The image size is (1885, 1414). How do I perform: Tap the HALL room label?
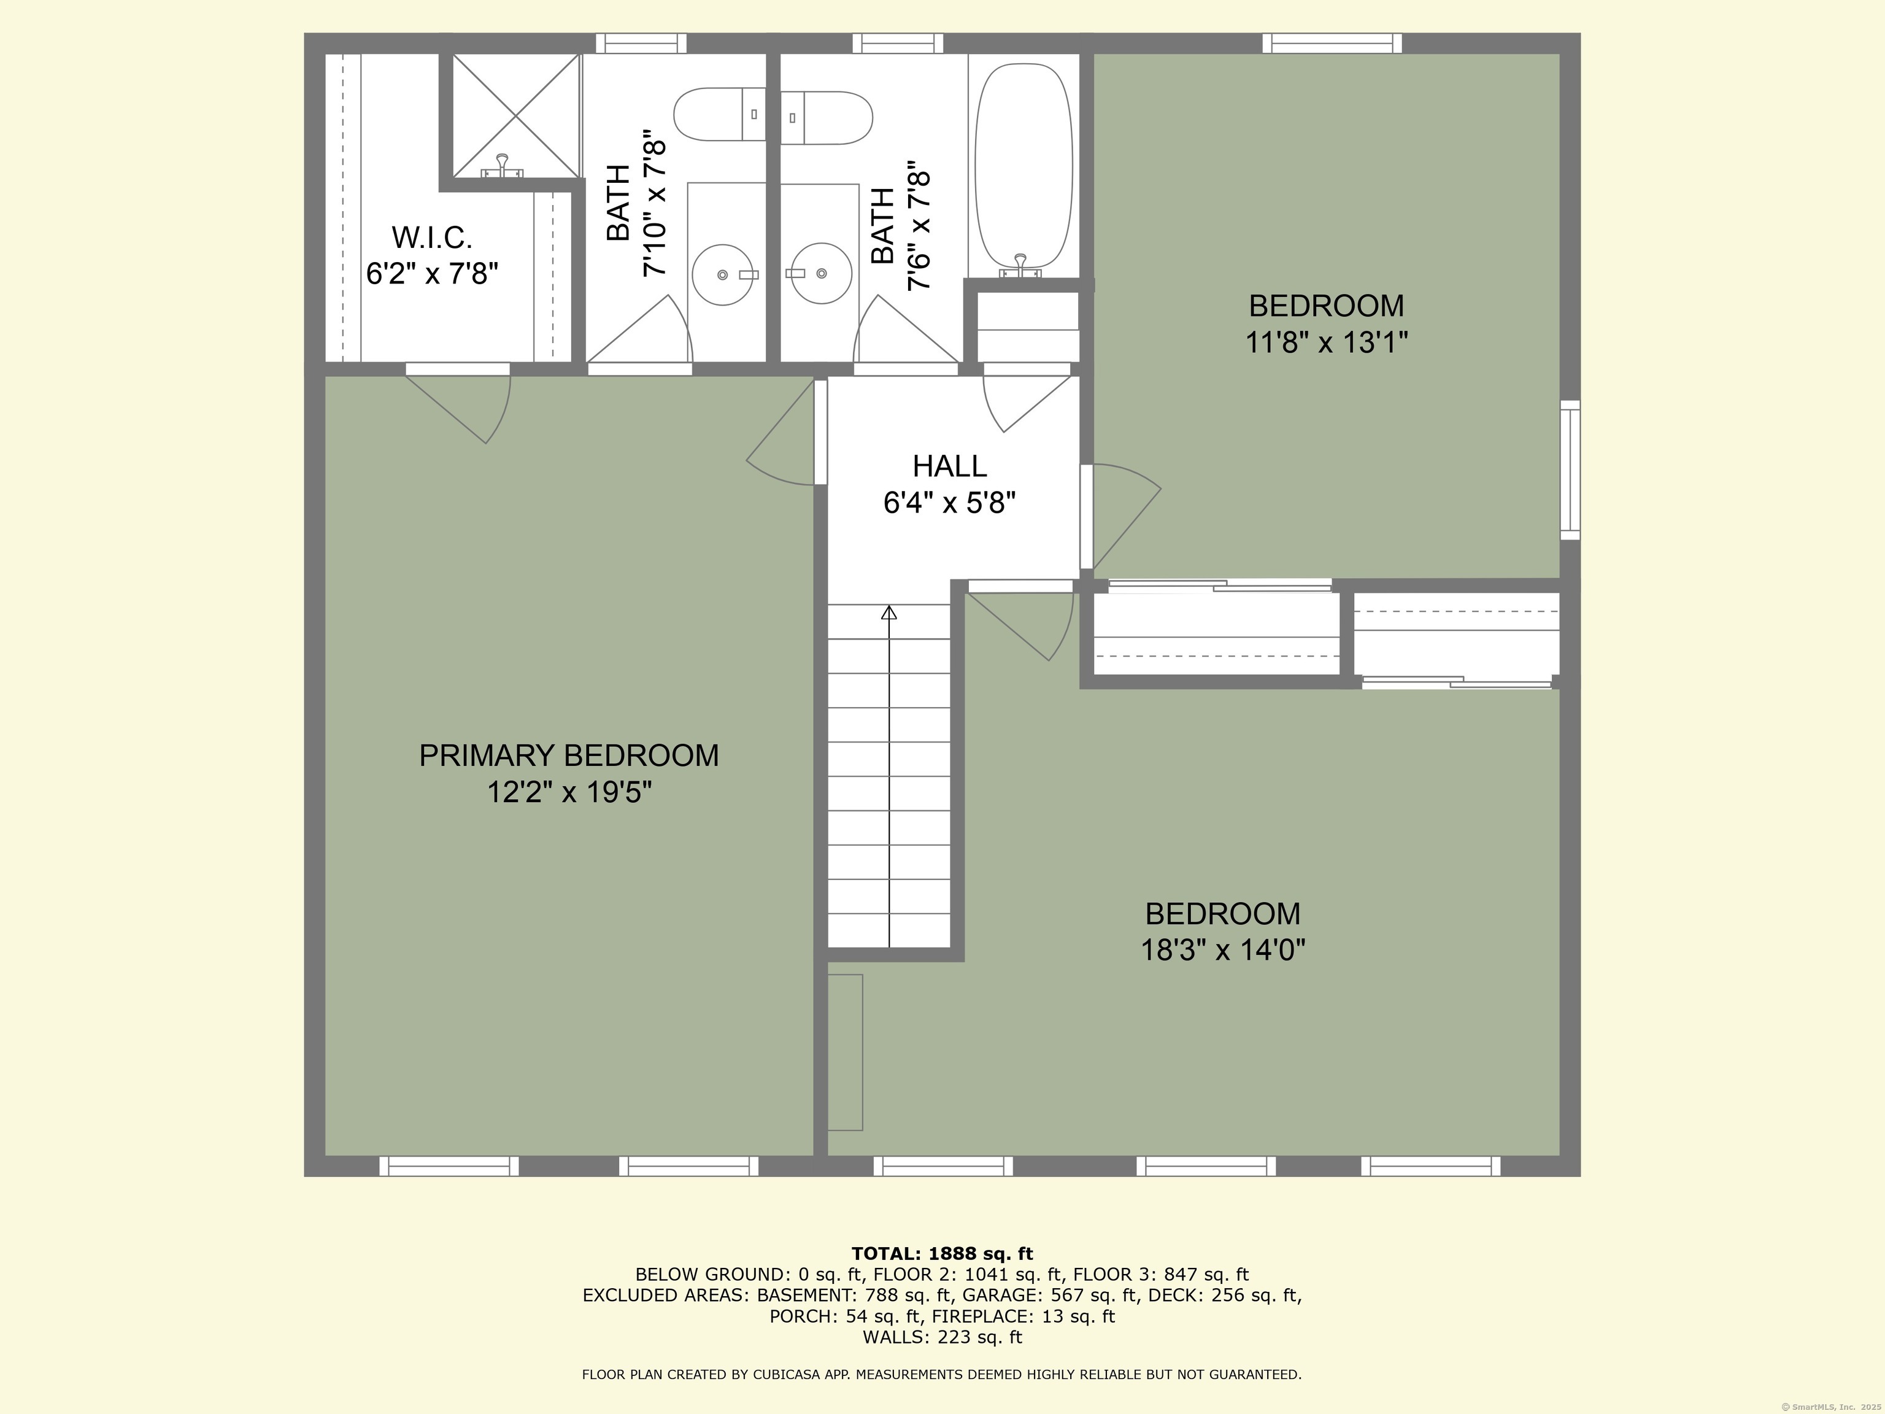(949, 466)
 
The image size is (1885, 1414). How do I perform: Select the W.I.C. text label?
(431, 236)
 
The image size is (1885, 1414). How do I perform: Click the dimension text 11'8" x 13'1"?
(1326, 342)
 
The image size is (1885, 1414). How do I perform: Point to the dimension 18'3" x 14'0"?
(1223, 949)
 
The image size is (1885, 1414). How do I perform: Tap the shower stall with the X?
(515, 116)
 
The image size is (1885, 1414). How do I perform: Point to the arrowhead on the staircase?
(889, 612)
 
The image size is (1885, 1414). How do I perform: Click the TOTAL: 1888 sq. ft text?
(942, 1254)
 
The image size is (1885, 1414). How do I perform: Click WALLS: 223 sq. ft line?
(942, 1337)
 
